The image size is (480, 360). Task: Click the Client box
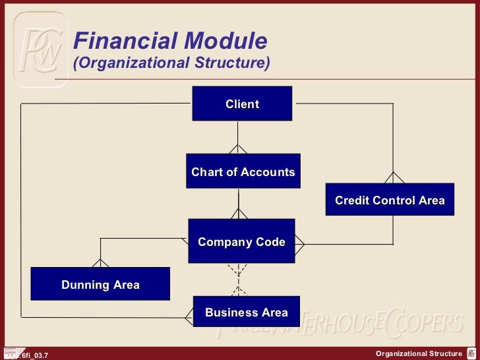(x=242, y=104)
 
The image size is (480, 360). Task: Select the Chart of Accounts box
(x=243, y=171)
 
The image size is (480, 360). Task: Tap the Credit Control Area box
(x=390, y=200)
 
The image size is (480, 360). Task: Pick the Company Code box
(x=241, y=242)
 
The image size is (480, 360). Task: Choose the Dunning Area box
(x=100, y=284)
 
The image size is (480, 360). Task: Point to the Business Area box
(x=246, y=312)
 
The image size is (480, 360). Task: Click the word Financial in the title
(x=116, y=42)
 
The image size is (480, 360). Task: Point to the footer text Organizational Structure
(x=419, y=354)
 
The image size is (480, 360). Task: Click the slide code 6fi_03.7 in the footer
(x=30, y=355)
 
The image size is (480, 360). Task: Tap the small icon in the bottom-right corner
(x=472, y=354)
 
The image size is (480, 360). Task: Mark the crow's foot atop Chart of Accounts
(x=238, y=149)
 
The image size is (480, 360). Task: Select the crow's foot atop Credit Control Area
(x=394, y=177)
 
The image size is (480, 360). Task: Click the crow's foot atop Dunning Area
(x=100, y=262)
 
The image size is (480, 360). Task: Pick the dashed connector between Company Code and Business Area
(x=238, y=280)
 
